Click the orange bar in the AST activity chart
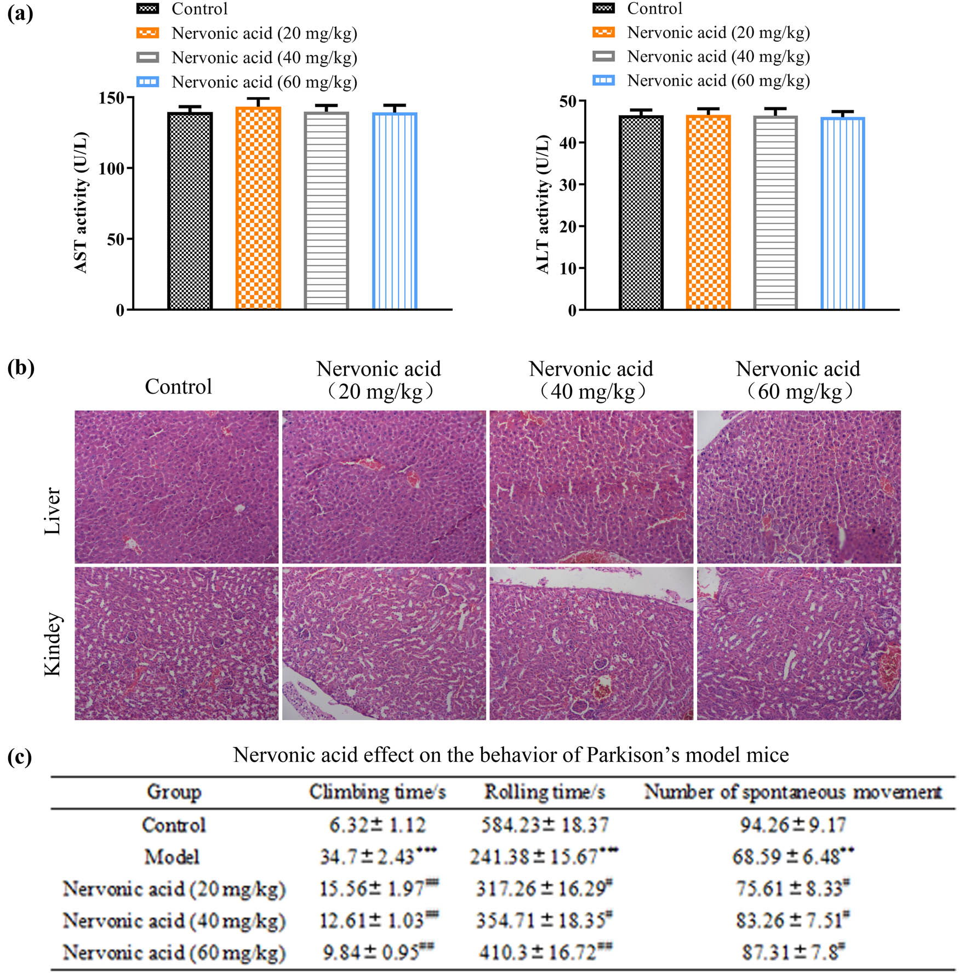(x=258, y=208)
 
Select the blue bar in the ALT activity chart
(x=842, y=214)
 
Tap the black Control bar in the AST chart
(x=190, y=211)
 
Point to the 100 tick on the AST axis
(x=111, y=168)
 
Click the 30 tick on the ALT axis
(x=568, y=185)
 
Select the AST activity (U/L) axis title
(x=81, y=202)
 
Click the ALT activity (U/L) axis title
(x=542, y=204)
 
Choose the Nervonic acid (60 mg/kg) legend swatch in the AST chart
(x=147, y=82)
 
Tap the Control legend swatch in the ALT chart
(x=603, y=8)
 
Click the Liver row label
(x=53, y=510)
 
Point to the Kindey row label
(x=53, y=644)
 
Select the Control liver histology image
(x=176, y=487)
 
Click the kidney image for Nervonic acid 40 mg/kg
(x=591, y=644)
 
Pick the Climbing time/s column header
(x=377, y=792)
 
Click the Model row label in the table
(x=172, y=857)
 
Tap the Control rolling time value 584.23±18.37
(x=545, y=825)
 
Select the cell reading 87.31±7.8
(x=792, y=952)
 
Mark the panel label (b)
(x=21, y=367)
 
